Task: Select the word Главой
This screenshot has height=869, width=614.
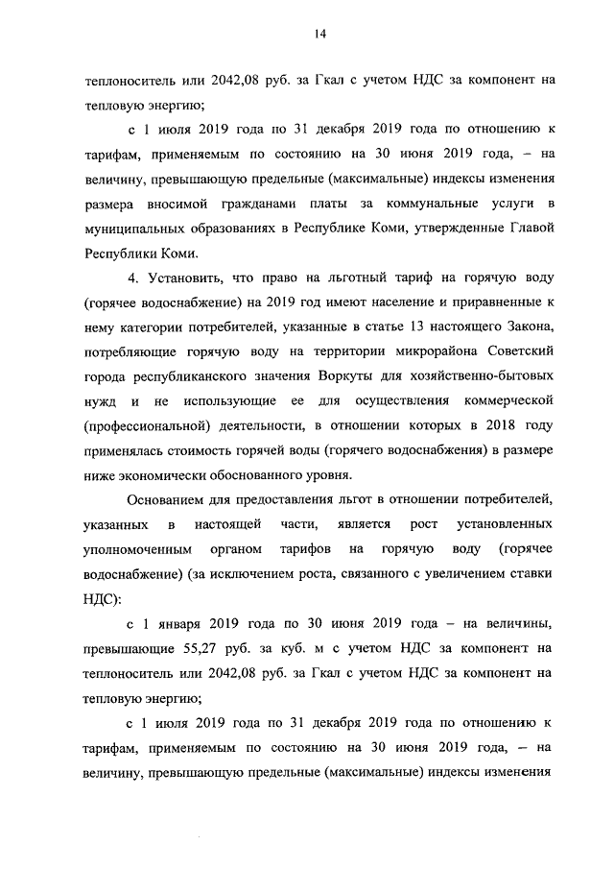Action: pyautogui.click(x=529, y=229)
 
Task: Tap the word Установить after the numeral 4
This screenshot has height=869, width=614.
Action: pyautogui.click(x=187, y=278)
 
